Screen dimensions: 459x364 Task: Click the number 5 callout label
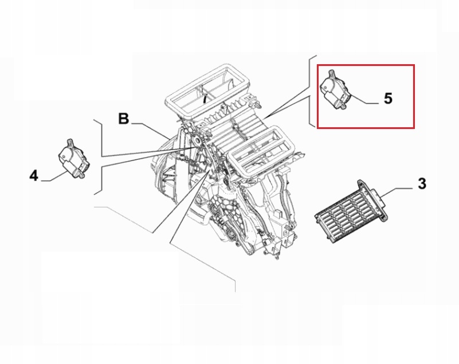click(x=388, y=99)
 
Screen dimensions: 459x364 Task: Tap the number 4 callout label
click(x=34, y=175)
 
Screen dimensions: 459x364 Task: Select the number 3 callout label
click(x=421, y=184)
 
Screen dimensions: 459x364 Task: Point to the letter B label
click(x=124, y=119)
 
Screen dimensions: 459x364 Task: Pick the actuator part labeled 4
click(x=72, y=159)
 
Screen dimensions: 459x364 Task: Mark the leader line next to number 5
click(x=367, y=101)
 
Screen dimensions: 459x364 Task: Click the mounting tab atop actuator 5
click(x=331, y=73)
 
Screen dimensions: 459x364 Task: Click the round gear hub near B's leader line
click(x=198, y=140)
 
